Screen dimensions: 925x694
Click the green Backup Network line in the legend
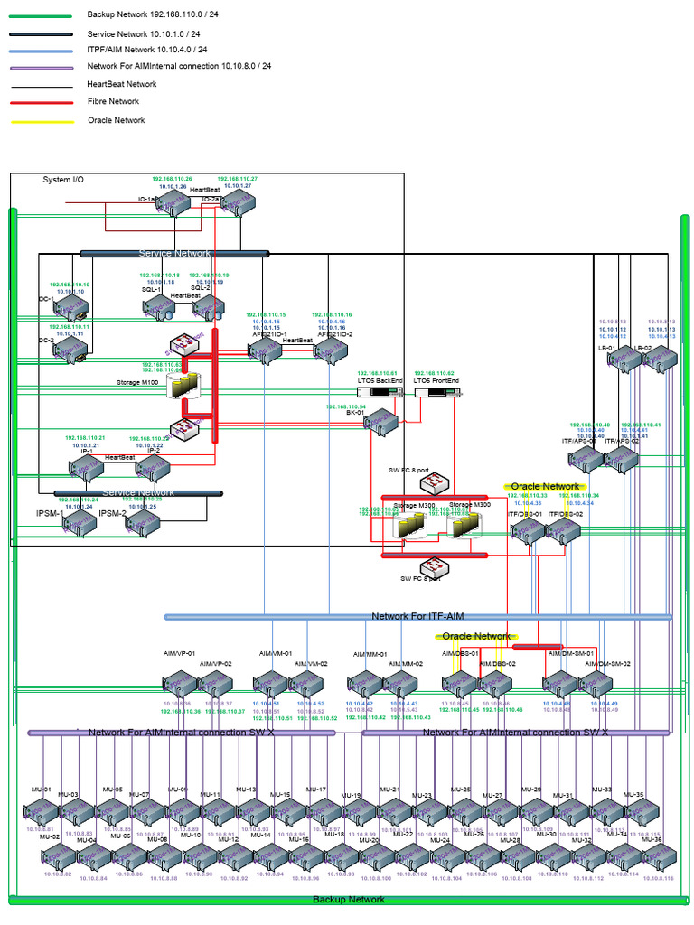(42, 16)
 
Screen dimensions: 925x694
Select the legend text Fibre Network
(113, 101)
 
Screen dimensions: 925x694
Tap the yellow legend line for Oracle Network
(42, 121)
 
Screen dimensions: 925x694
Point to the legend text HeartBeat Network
(121, 84)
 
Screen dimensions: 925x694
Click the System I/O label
(63, 180)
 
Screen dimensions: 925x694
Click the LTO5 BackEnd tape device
(380, 392)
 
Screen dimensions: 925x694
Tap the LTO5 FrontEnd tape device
(436, 392)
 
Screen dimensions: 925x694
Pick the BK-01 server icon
(380, 423)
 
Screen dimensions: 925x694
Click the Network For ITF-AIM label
(417, 616)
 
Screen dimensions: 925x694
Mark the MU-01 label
(42, 790)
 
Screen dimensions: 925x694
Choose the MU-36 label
(652, 839)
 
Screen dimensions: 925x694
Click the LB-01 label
(606, 348)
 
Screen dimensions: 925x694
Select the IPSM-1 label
(49, 513)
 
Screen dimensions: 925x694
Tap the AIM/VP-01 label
(179, 652)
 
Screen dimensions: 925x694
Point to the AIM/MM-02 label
(405, 664)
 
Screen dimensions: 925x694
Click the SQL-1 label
(151, 289)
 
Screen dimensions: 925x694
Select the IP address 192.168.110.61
(378, 373)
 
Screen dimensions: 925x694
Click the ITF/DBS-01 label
(525, 514)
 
